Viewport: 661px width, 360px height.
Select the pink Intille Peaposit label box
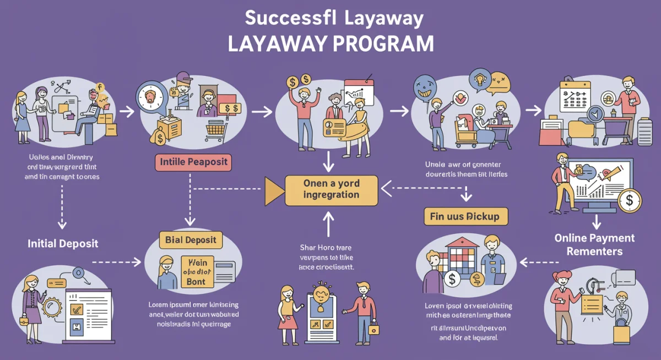coord(192,162)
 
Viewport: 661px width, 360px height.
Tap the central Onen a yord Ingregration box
coord(331,189)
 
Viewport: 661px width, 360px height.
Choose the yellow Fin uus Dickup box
coord(465,216)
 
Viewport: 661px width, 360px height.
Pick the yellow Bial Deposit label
coord(191,240)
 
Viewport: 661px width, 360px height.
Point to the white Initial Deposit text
coord(63,243)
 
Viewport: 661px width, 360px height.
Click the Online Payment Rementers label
coord(594,244)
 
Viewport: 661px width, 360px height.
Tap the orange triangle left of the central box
coord(273,189)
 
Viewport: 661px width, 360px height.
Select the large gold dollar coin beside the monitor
coord(629,201)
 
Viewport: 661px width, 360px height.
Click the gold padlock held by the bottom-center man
coord(374,329)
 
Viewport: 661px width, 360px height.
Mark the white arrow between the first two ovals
coord(127,112)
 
